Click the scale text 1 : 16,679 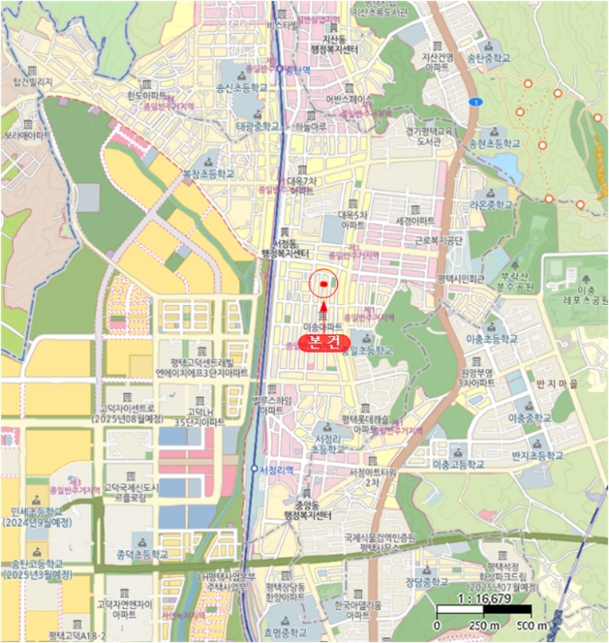coord(483,597)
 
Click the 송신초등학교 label coord(242,88)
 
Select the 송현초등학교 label coord(494,144)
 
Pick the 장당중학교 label coord(428,581)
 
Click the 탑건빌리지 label coord(30,83)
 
